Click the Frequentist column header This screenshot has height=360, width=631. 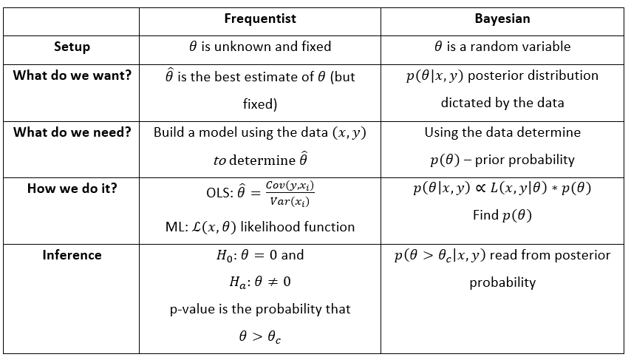pos(259,18)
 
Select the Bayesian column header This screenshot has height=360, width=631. pos(502,18)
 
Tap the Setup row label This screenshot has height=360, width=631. pos(72,47)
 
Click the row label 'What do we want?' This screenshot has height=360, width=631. pos(72,75)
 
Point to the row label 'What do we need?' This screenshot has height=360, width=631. pos(72,132)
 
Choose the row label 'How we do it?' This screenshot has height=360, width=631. pos(72,189)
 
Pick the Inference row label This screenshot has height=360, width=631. pos(72,255)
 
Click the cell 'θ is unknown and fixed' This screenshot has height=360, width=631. pos(260,47)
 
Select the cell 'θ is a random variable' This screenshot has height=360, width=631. pos(502,47)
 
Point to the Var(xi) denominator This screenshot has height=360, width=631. pos(290,202)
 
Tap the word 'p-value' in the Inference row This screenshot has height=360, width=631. pos(194,309)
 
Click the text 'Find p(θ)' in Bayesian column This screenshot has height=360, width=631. pos(502,216)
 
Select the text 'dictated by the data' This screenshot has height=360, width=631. pos(502,103)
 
